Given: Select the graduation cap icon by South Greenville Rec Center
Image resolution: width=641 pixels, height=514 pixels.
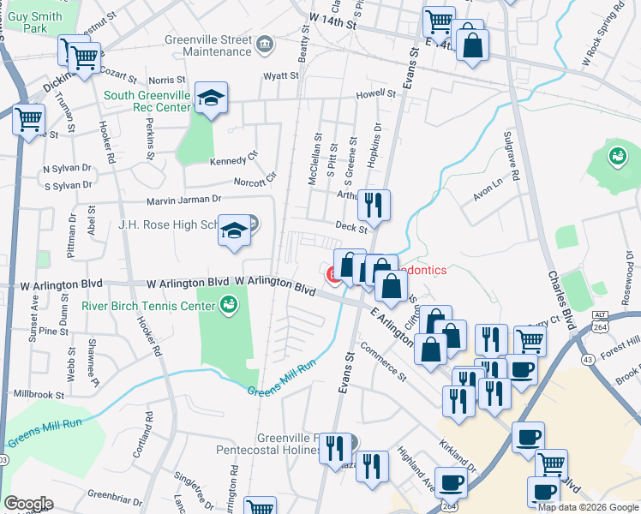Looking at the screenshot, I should pos(210,99).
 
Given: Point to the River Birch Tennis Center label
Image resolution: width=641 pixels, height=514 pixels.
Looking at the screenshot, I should pos(147,305).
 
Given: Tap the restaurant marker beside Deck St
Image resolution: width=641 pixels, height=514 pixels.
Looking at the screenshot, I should pos(374,205).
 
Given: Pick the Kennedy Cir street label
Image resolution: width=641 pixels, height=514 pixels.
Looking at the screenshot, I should pos(234,158).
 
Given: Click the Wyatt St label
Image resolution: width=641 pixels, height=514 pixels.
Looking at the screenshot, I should pos(281,75).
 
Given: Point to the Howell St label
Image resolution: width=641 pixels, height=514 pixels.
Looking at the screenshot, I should pos(375,96).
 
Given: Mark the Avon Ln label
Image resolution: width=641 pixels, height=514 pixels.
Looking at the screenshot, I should pos(487,190).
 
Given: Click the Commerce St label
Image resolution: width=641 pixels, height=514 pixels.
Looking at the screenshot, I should pos(383,360).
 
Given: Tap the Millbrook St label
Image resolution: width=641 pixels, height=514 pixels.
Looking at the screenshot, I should pos(39,393).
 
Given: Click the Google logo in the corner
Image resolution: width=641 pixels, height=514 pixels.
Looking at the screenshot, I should pos(28,503).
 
